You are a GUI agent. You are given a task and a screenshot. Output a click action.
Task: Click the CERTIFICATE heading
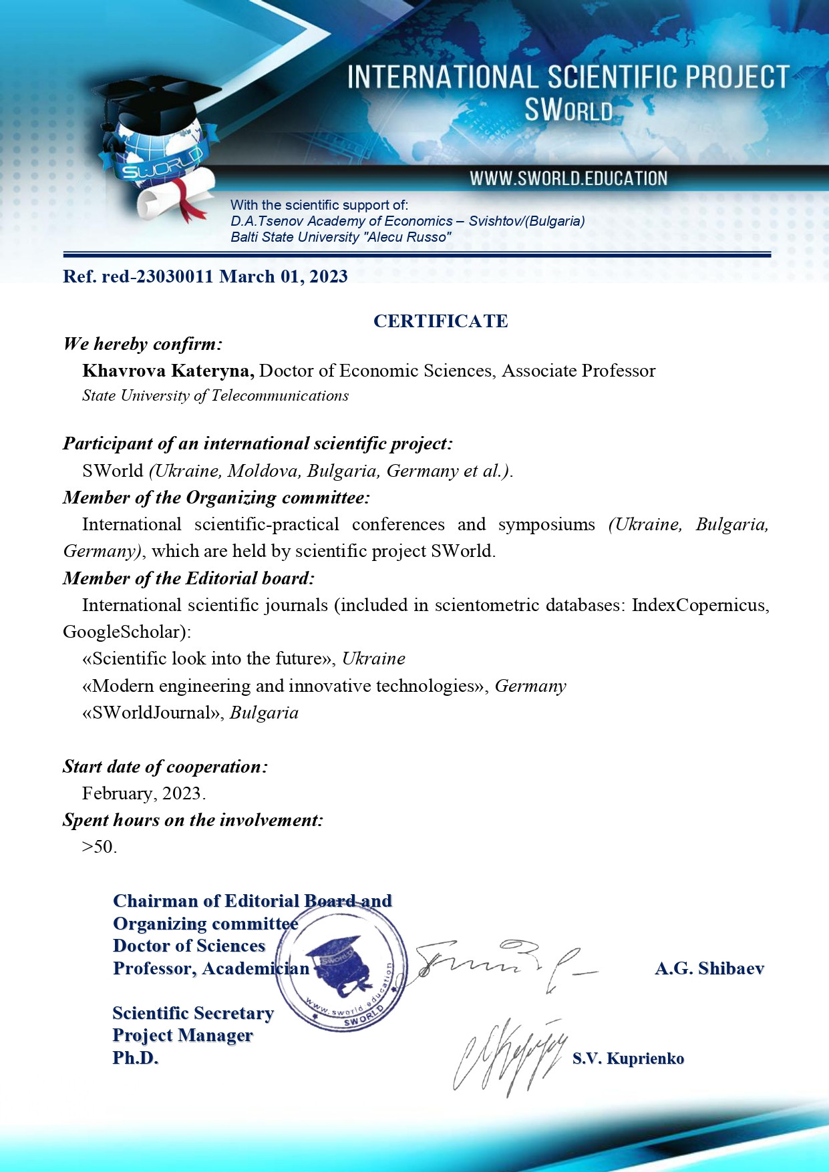pyautogui.click(x=440, y=321)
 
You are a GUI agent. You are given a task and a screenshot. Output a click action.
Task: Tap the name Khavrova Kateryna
pyautogui.click(x=168, y=371)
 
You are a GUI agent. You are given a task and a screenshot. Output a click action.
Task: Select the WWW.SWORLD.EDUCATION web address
pyautogui.click(x=568, y=179)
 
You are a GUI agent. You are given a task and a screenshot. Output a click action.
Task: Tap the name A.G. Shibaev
pyautogui.click(x=709, y=968)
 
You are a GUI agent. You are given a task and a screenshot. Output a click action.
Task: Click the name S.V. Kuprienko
pyautogui.click(x=628, y=1058)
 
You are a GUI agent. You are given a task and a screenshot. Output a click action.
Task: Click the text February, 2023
pyautogui.click(x=144, y=793)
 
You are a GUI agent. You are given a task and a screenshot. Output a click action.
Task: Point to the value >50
pyautogui.click(x=99, y=847)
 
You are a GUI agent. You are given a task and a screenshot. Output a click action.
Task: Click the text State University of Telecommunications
pyautogui.click(x=215, y=396)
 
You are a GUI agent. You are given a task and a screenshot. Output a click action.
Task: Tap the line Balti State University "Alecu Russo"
pyautogui.click(x=341, y=237)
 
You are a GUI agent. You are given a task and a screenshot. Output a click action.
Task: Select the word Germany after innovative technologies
pyautogui.click(x=530, y=686)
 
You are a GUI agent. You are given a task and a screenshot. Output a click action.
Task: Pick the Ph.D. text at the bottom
pyautogui.click(x=136, y=1058)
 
